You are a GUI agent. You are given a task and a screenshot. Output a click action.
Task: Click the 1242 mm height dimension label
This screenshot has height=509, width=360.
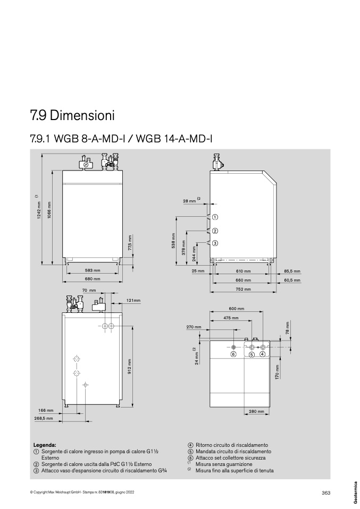coord(39,210)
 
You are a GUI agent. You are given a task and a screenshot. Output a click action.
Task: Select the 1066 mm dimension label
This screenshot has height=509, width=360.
coord(49,210)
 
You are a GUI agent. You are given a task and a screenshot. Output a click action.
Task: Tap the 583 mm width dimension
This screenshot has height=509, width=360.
coord(93,270)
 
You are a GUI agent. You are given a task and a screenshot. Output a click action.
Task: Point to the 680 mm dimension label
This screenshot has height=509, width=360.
coord(93,279)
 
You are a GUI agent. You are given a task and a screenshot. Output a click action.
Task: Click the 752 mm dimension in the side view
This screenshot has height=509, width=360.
coord(243,289)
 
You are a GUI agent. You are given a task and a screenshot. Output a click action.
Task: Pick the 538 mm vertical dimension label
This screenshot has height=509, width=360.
coord(173,241)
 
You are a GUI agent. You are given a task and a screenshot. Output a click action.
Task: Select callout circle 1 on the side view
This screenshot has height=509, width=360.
coord(215,217)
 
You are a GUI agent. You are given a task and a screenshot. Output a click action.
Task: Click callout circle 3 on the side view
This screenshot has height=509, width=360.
coord(215,243)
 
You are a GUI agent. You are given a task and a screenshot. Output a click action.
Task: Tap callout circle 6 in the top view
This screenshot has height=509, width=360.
coord(233,354)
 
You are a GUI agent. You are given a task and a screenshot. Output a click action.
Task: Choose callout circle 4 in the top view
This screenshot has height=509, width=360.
coord(262,354)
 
